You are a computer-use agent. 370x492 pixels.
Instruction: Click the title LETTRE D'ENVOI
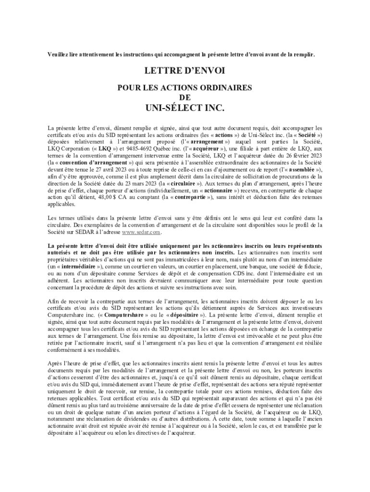pos(185,71)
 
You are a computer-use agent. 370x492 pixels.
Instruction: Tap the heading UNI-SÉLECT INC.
pos(185,108)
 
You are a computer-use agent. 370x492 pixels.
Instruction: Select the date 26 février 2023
pos(301,156)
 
